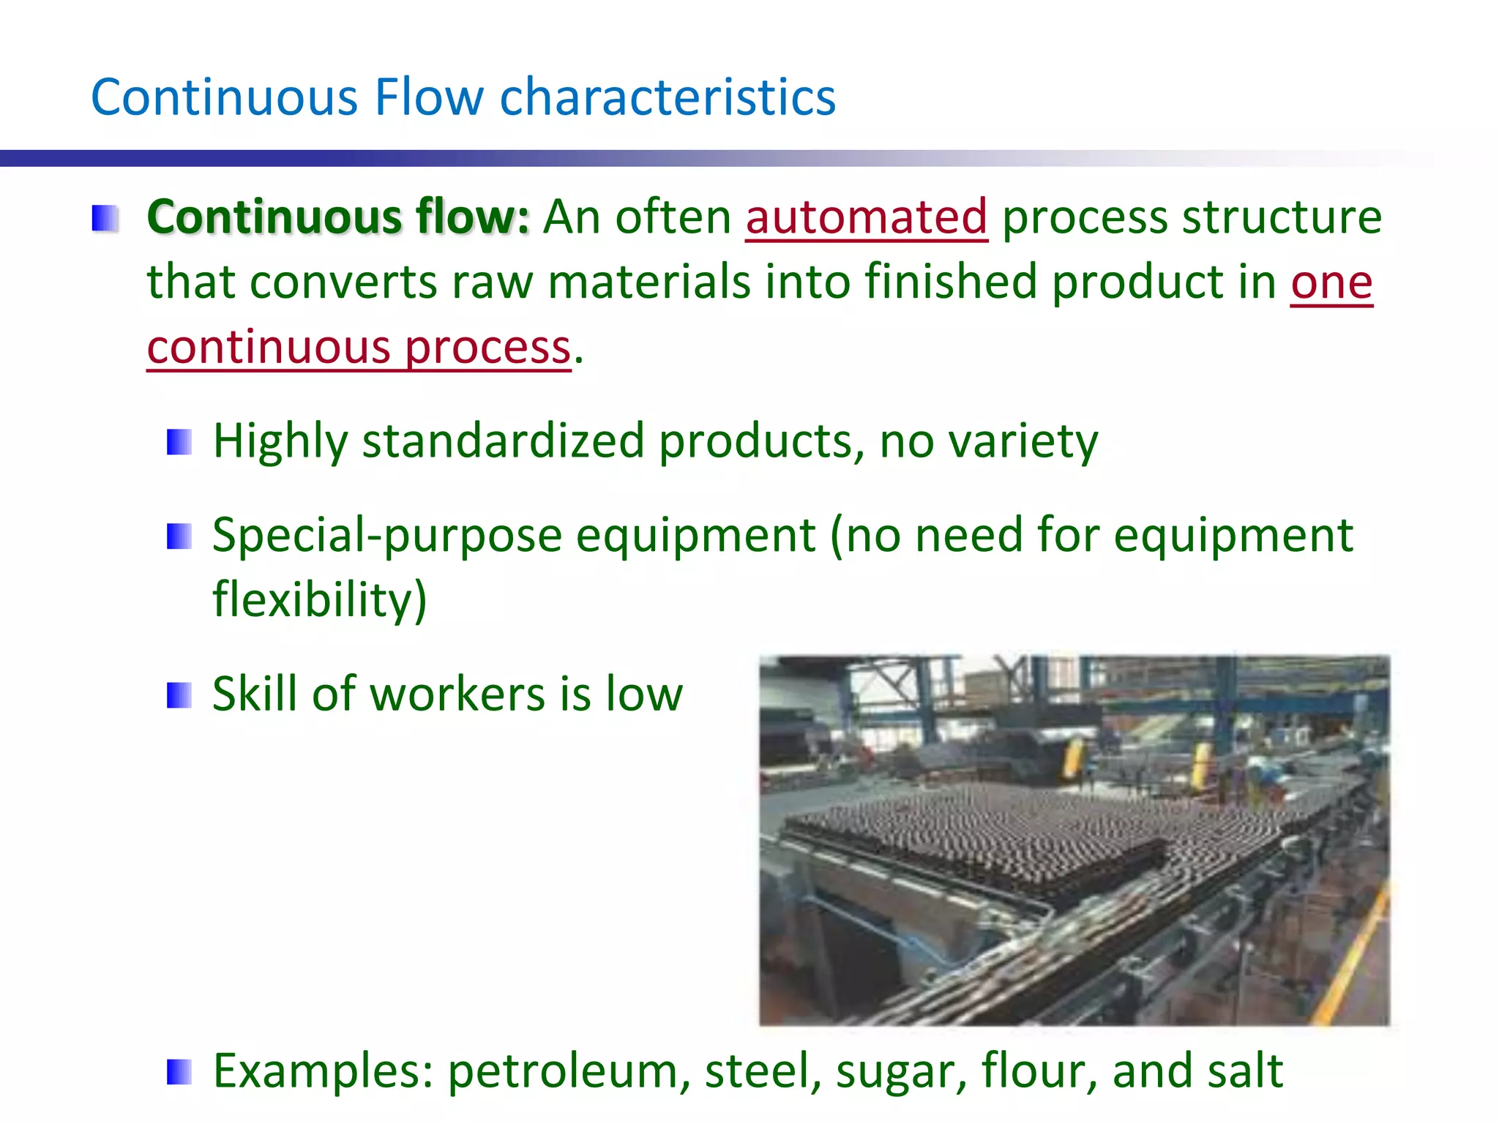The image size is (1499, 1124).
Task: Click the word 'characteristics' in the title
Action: pyautogui.click(x=667, y=97)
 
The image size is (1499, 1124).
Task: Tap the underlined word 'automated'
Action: pyautogui.click(x=867, y=217)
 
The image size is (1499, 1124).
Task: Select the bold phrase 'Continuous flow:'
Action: pyautogui.click(x=337, y=217)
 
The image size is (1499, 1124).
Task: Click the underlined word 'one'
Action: pyautogui.click(x=1331, y=282)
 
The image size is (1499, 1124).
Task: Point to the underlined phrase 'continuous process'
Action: pyautogui.click(x=359, y=347)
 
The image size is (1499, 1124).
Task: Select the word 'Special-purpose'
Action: pyautogui.click(x=386, y=536)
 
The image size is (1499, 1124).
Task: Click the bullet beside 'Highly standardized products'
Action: pyautogui.click(x=179, y=442)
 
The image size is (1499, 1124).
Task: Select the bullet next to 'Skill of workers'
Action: pyautogui.click(x=179, y=695)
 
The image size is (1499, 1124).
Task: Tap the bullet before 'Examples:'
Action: pyautogui.click(x=179, y=1073)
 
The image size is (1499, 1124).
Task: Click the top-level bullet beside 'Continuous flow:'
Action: pyautogui.click(x=105, y=219)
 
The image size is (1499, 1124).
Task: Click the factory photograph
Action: pyautogui.click(x=1074, y=840)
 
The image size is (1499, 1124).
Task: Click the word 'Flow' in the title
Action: pyautogui.click(x=429, y=97)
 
